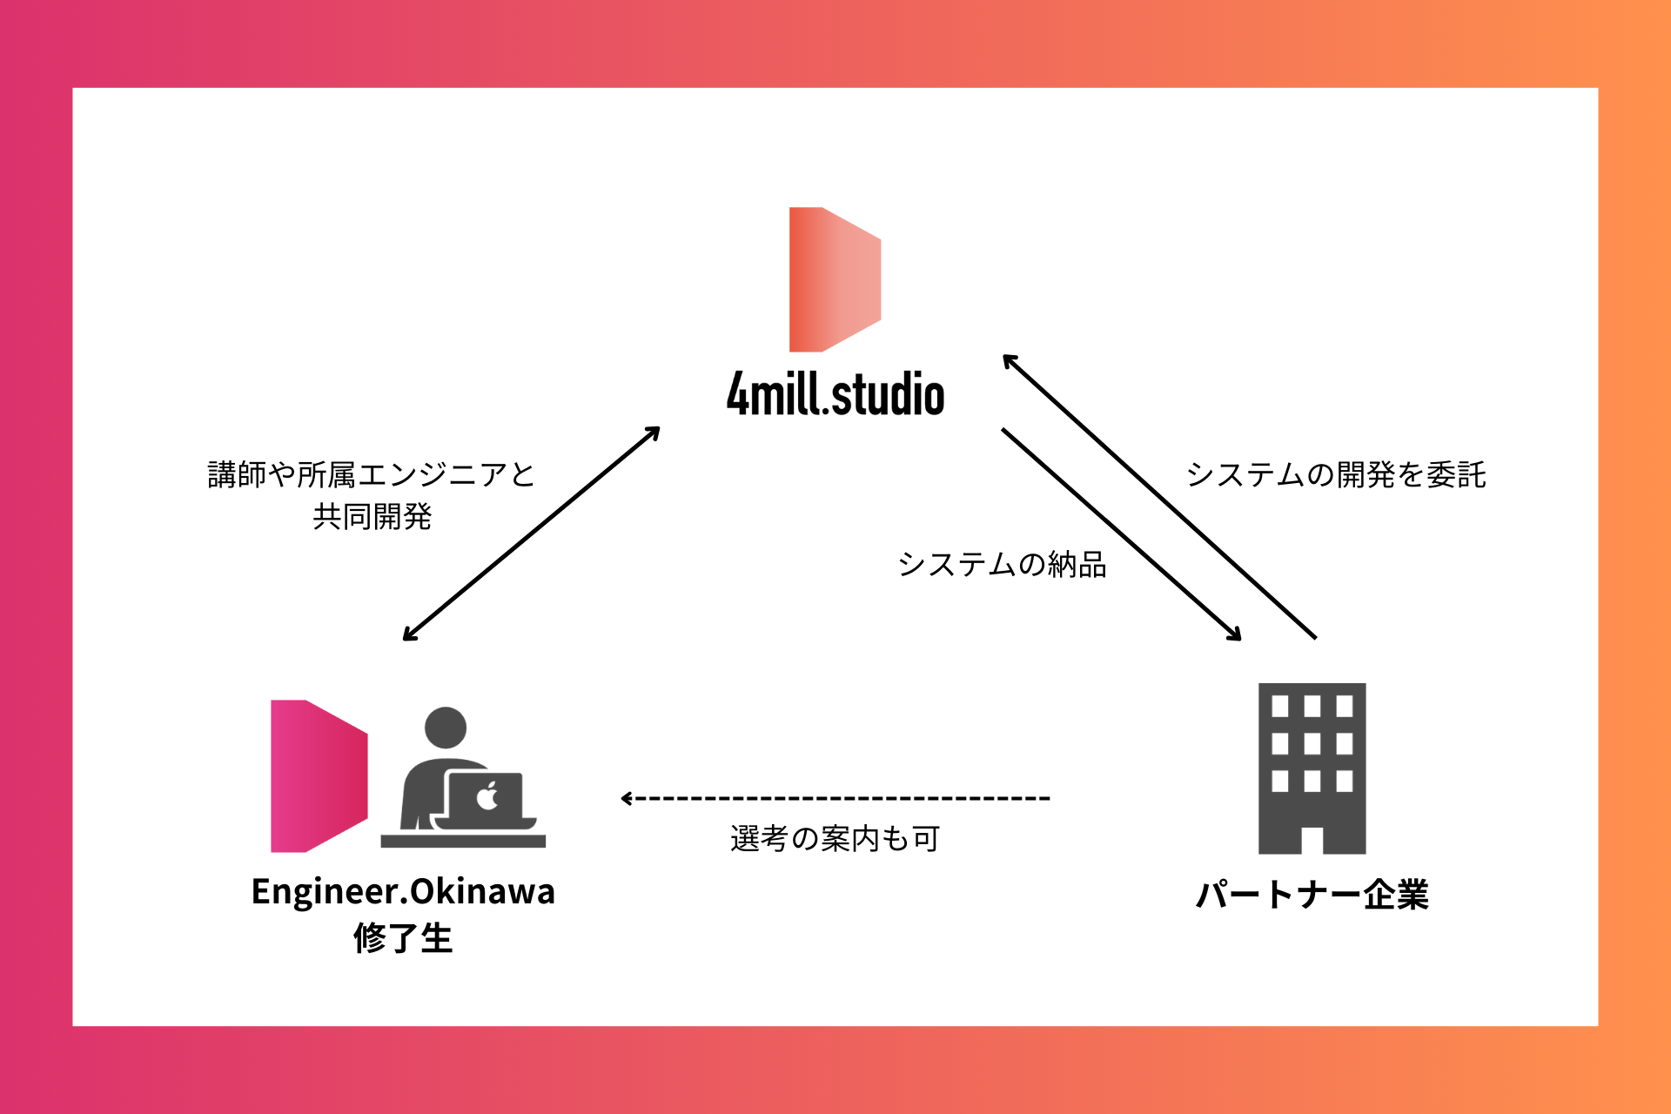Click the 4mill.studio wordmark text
[x=835, y=394]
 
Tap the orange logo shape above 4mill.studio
[x=834, y=279]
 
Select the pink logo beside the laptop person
[x=318, y=775]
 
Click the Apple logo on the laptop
[x=487, y=795]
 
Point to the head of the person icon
[x=446, y=728]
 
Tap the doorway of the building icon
[x=1312, y=840]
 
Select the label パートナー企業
[x=1312, y=895]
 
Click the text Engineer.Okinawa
[x=403, y=892]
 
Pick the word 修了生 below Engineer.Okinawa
[x=403, y=938]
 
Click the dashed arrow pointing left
[x=835, y=798]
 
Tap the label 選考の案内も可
[x=835, y=839]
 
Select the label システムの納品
[x=1002, y=565]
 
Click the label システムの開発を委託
[x=1336, y=475]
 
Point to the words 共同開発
[x=372, y=517]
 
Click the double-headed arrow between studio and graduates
[x=531, y=534]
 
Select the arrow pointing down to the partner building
[x=1121, y=534]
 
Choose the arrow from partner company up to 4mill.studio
[x=1159, y=496]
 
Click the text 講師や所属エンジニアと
[x=372, y=475]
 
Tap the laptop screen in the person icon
[x=486, y=795]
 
